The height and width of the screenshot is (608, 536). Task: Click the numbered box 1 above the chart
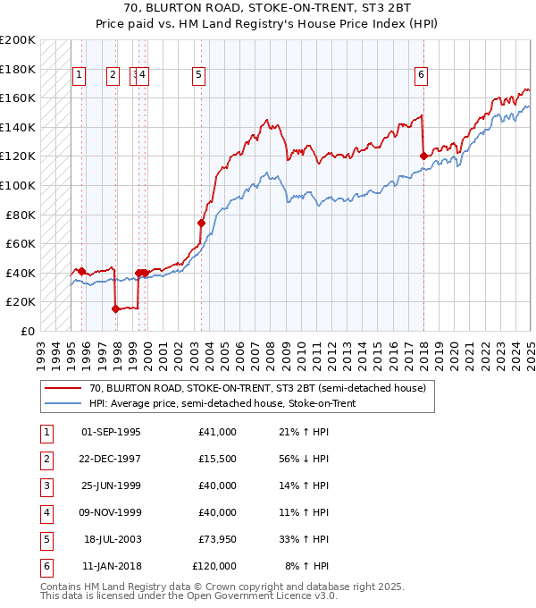80,76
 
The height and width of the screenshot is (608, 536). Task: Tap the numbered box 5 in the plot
197,76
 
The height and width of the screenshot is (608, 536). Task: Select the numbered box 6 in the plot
420,76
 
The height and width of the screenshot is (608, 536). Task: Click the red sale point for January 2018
423,156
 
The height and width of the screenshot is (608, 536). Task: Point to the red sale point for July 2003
202,223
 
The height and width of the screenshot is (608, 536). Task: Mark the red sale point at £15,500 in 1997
115,308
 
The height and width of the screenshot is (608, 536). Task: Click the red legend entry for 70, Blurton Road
259,388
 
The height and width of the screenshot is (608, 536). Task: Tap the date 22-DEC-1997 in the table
111,460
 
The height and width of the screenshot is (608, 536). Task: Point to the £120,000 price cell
214,566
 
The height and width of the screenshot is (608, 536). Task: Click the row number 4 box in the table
45,513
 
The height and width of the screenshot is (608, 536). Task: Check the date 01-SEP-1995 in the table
111,433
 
